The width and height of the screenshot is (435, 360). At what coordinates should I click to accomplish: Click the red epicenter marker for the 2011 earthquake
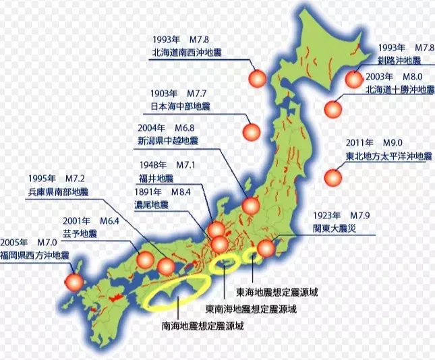coord(332,179)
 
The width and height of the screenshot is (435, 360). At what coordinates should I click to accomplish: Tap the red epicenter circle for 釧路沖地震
coord(353,80)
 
